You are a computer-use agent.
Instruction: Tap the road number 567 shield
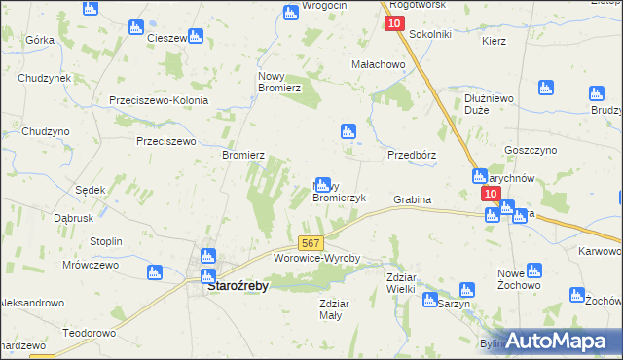pyautogui.click(x=311, y=243)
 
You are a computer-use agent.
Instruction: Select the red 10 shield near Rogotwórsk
pyautogui.click(x=394, y=22)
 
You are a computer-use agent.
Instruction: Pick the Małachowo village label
pyautogui.click(x=378, y=64)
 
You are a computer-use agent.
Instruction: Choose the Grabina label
pyautogui.click(x=412, y=199)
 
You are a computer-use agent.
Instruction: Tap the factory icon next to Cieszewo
pyautogui.click(x=196, y=37)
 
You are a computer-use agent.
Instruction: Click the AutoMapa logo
pyautogui.click(x=563, y=340)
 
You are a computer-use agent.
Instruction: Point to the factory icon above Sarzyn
pyautogui.click(x=465, y=289)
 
